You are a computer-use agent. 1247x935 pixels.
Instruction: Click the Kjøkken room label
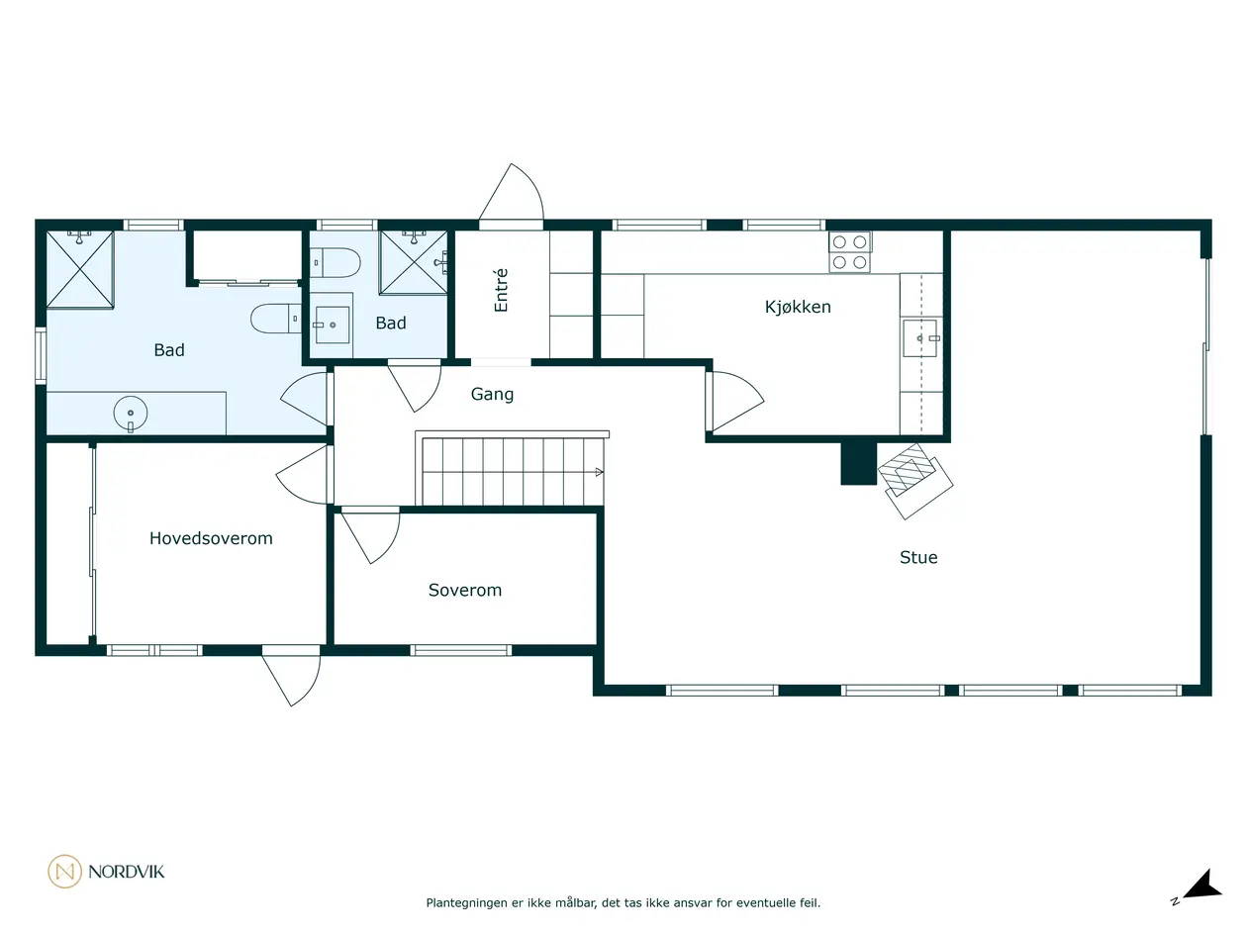798,307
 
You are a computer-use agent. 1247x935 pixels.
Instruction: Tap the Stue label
918,557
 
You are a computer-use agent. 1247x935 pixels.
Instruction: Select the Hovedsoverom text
211,538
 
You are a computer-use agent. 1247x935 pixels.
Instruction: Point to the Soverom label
465,591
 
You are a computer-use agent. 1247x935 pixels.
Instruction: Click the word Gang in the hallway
492,395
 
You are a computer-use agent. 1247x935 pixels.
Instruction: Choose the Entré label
501,290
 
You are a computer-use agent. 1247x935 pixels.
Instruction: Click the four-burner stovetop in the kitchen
849,252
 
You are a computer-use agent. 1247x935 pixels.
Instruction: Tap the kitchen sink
920,338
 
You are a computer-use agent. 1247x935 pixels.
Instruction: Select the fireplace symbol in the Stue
914,480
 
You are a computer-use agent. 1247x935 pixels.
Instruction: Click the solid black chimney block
858,463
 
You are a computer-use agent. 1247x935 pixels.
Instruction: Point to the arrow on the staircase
599,472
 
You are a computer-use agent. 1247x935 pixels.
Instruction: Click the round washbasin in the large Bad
131,414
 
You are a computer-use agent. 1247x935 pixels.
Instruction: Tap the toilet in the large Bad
276,319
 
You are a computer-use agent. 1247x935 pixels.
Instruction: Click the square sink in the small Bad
333,326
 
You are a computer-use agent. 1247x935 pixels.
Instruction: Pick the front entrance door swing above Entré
512,194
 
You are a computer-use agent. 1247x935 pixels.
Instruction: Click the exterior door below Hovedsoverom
291,678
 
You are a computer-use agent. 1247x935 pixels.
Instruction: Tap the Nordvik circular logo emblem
64,872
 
